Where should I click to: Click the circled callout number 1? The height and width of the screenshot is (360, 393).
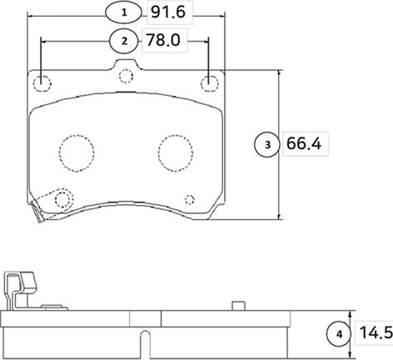click(124, 12)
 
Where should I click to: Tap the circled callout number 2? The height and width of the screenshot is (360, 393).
click(124, 40)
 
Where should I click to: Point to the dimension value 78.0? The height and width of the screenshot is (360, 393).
click(163, 40)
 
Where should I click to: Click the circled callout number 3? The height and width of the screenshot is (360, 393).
click(267, 145)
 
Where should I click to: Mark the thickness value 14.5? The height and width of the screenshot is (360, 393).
click(374, 333)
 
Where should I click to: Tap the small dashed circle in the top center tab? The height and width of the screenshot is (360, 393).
click(126, 77)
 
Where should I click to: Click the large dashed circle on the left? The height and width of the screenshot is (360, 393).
click(76, 152)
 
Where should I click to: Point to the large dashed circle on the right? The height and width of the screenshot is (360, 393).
click(176, 152)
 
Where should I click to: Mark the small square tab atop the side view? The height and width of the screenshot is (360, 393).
click(238, 305)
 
